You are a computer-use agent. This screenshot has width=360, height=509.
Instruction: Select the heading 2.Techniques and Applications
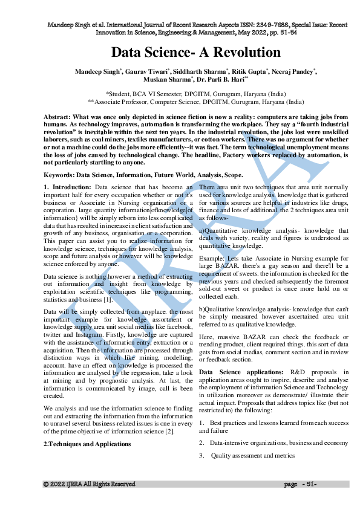[x=87, y=444]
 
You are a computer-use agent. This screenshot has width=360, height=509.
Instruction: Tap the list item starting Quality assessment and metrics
[x=249, y=456]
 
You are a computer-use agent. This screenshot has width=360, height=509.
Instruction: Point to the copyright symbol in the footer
[x=45, y=484]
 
